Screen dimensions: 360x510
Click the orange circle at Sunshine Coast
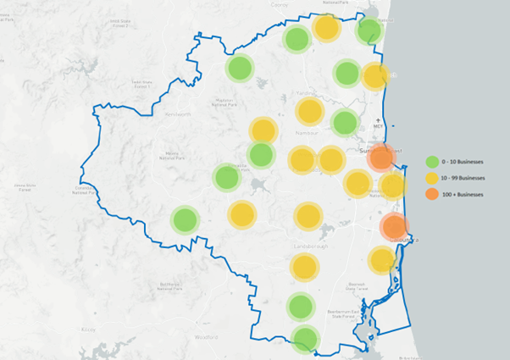click(x=382, y=157)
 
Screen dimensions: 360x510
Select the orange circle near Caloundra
click(x=394, y=226)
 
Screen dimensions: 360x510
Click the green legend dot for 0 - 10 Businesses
click(x=432, y=161)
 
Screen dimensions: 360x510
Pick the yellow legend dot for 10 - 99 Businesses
click(x=432, y=178)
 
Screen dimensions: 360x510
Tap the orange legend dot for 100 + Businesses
click(x=432, y=194)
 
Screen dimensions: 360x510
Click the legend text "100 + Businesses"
click(x=463, y=195)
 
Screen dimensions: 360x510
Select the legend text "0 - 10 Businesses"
click(x=463, y=162)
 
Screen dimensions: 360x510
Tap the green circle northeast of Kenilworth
click(x=240, y=68)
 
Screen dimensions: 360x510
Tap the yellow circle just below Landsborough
click(x=304, y=268)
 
